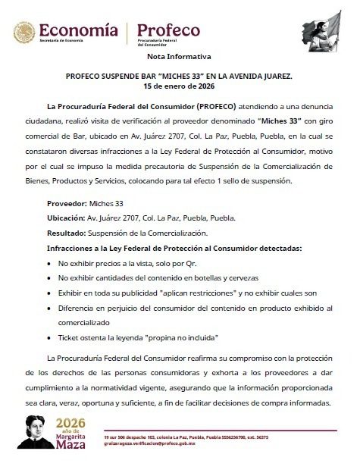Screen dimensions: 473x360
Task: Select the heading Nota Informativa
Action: (180, 58)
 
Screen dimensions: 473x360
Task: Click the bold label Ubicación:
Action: (65, 220)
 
